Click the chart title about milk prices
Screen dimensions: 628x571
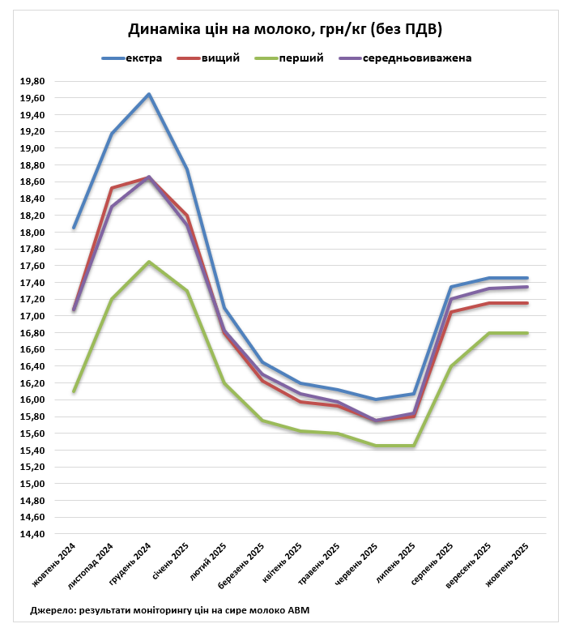pyautogui.click(x=285, y=29)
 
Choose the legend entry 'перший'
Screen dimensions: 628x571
pyautogui.click(x=301, y=58)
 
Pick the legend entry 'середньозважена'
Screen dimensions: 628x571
pyautogui.click(x=417, y=58)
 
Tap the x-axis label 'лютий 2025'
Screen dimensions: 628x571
pyautogui.click(x=209, y=561)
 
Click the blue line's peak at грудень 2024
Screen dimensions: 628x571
pyautogui.click(x=149, y=94)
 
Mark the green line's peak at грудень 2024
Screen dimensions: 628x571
pyautogui.click(x=149, y=262)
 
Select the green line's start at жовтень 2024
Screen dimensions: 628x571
pyautogui.click(x=74, y=391)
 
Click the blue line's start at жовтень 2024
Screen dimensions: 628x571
pyautogui.click(x=74, y=228)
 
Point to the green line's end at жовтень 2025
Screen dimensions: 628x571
pyautogui.click(x=528, y=333)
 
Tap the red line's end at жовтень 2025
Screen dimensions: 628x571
pyautogui.click(x=528, y=303)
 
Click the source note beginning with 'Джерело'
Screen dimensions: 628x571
pyautogui.click(x=169, y=609)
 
